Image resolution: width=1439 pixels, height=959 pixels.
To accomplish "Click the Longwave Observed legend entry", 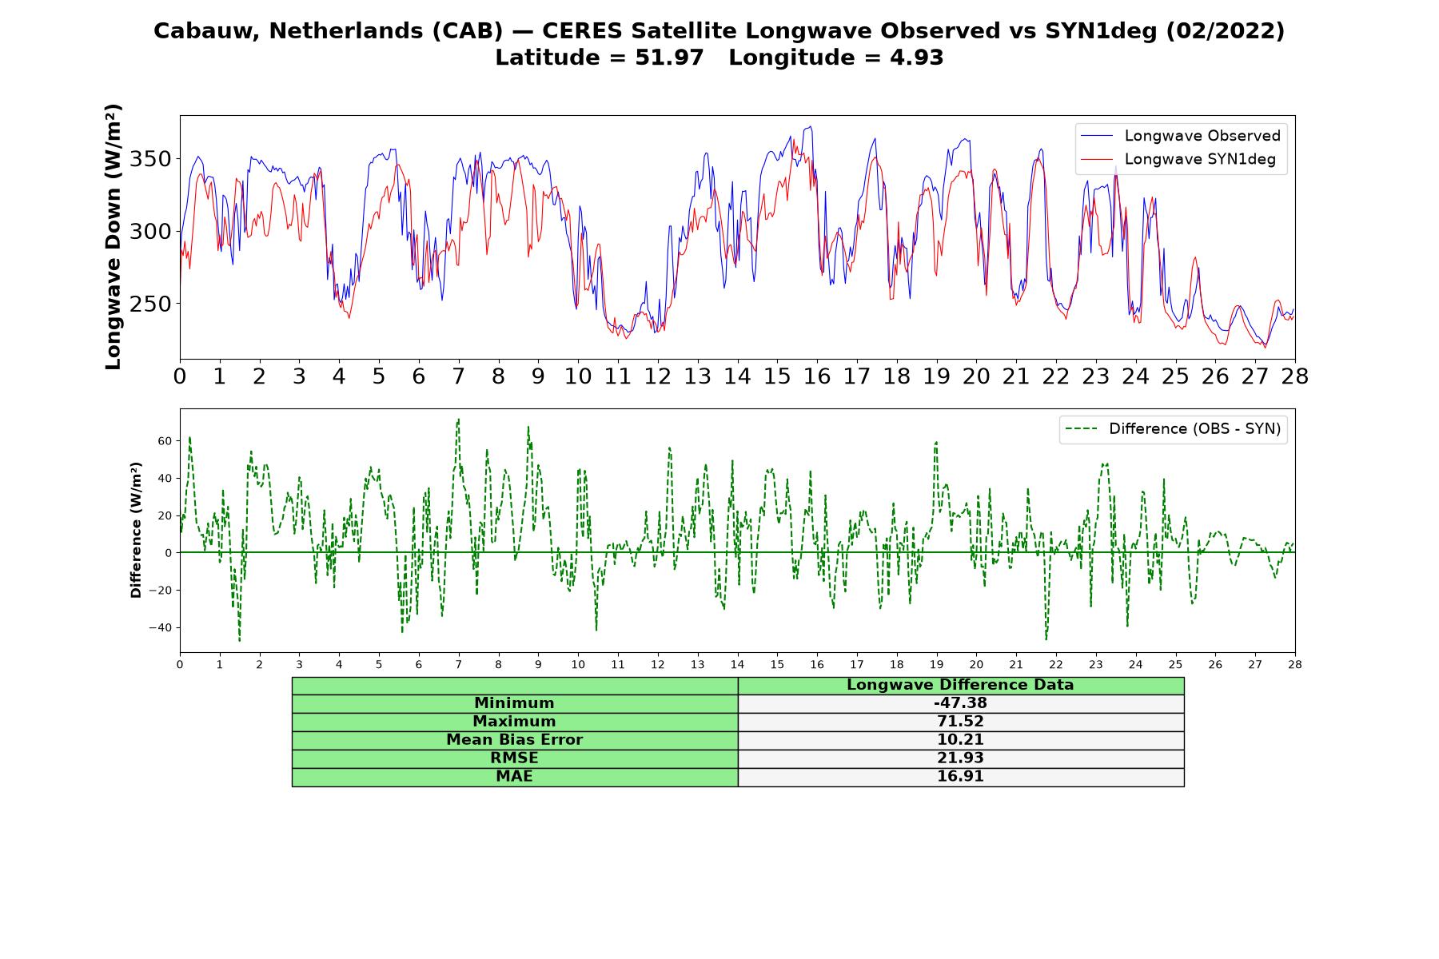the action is click(1181, 136).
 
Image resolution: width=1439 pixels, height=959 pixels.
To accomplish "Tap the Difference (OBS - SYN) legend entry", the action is click(1173, 429).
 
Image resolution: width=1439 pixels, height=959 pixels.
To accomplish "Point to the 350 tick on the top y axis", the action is click(150, 159).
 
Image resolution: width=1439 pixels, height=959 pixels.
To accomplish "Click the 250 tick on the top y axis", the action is click(150, 304).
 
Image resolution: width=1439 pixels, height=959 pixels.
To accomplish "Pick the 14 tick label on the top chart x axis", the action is click(737, 376).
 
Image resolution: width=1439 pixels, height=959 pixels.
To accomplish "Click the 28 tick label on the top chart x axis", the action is click(1294, 376).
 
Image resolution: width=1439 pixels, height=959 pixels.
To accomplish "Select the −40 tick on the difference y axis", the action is click(160, 627).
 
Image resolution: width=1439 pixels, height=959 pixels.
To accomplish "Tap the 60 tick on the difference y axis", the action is click(165, 441).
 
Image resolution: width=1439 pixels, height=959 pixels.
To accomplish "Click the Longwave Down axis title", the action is click(113, 237).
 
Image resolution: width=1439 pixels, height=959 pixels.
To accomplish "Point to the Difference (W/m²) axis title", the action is click(136, 530).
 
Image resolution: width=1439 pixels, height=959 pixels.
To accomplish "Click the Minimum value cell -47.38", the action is click(960, 703).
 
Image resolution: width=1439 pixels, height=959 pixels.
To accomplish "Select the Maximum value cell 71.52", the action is click(960, 722).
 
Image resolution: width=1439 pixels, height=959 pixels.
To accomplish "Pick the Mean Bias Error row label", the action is click(514, 740).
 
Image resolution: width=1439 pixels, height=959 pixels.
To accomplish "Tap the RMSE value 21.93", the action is click(960, 758).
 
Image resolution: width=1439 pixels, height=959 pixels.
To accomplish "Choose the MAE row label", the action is click(514, 777).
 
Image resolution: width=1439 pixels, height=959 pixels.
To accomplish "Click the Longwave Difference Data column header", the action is click(960, 685).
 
